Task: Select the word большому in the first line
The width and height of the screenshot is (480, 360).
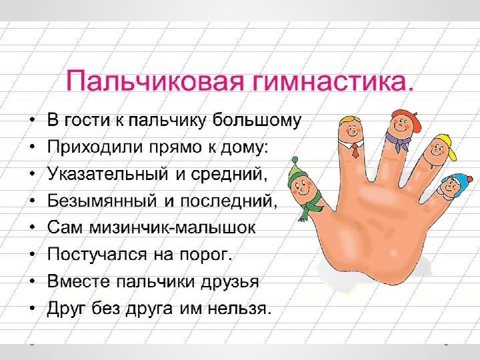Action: (257, 120)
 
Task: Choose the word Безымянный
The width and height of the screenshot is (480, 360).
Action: (102, 201)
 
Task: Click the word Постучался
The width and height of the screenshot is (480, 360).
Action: (97, 254)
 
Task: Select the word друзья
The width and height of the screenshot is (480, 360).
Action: (229, 281)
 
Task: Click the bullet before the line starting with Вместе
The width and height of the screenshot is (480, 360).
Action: (32, 282)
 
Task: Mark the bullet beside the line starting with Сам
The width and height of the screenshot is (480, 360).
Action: (32, 228)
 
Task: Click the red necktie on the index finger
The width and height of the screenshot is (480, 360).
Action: (355, 150)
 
